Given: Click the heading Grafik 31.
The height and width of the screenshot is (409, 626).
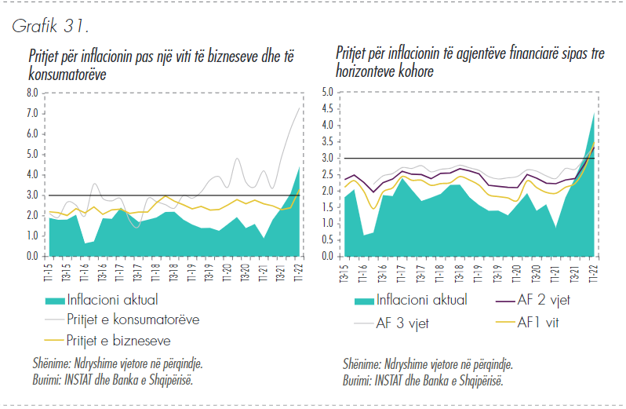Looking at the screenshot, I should pos(49,25).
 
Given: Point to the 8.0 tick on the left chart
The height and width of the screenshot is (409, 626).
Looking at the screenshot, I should pos(31,93).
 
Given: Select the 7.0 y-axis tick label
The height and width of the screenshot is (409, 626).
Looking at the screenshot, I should pos(31,113).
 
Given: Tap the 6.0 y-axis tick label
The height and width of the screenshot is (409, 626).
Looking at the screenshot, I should pos(31,133).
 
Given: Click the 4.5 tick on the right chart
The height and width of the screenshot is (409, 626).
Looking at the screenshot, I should pos(327,108).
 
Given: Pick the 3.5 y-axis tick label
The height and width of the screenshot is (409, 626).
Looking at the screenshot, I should pos(327,141).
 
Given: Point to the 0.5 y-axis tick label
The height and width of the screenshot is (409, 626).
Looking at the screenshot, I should pos(327,239).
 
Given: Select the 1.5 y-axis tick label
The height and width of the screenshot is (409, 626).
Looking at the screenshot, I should pos(327,206).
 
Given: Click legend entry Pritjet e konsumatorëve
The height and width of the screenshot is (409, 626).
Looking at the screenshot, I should pos(133,320).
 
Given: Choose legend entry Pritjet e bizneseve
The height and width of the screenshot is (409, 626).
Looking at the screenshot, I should pos(118,340).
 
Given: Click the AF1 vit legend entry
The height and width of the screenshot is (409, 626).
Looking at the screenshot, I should pos(541,322).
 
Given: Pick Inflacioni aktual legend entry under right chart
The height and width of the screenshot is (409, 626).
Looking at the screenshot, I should pos(422,299).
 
